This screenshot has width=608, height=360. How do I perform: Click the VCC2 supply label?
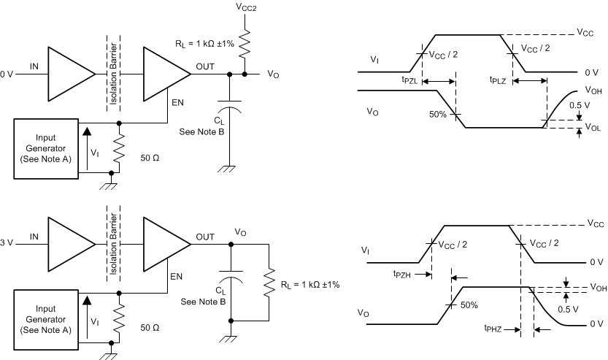[x=246, y=7]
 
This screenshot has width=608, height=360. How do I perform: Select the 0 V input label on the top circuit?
[x=7, y=74]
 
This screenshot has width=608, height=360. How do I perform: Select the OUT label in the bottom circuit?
[x=204, y=237]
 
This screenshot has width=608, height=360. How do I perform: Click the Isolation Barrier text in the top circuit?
[x=112, y=73]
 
